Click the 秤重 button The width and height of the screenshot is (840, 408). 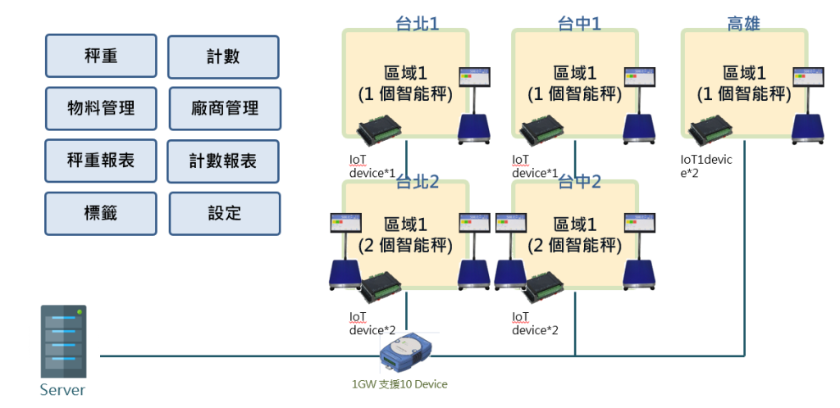[x=101, y=56]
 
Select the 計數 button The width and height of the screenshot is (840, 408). [x=223, y=57]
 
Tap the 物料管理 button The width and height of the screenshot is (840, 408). [x=101, y=108]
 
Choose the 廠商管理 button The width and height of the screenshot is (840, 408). [x=224, y=108]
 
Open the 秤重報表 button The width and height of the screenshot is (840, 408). [x=101, y=161]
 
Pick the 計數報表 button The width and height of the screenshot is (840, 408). [x=223, y=161]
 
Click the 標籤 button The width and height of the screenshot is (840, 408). [x=101, y=213]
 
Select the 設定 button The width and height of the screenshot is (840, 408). [x=224, y=213]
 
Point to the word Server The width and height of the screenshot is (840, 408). [x=62, y=390]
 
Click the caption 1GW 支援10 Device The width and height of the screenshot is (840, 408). [x=399, y=383]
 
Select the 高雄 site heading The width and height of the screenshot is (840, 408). [x=743, y=23]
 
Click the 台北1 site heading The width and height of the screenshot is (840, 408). [x=417, y=23]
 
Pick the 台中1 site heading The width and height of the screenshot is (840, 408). [x=578, y=23]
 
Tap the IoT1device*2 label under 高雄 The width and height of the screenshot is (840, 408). [x=706, y=166]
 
